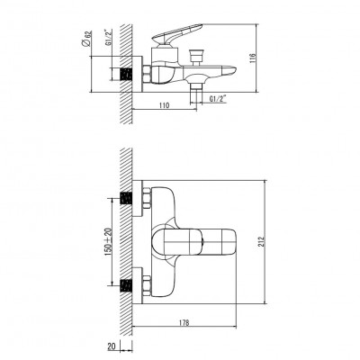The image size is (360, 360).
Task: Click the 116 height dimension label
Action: coord(253,58)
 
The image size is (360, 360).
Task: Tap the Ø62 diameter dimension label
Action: coord(86,39)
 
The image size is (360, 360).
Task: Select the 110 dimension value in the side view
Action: coord(164,105)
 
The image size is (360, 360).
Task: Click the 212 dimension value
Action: coord(262,241)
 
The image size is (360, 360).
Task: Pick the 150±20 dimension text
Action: coord(108,242)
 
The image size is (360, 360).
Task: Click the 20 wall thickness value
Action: coord(112,346)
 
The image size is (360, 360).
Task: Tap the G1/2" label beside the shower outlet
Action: coord(218,99)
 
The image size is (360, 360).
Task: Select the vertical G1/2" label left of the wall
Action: coord(107,37)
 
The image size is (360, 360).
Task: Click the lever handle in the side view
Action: coord(177,34)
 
